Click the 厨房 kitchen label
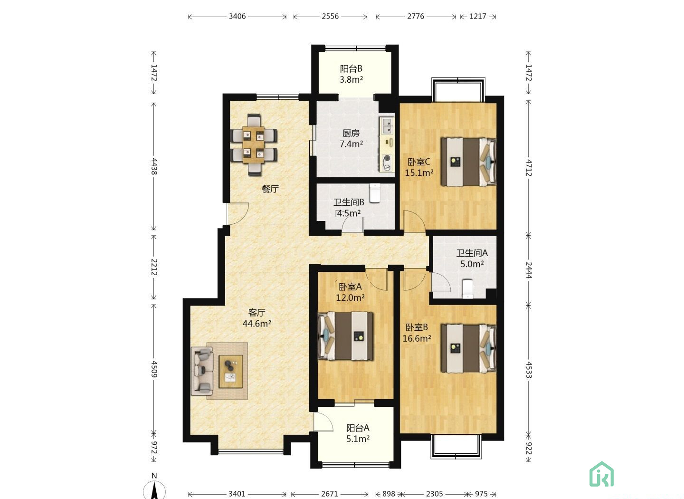[x=351, y=133]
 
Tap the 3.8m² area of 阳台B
[x=351, y=80]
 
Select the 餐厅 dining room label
[x=270, y=189]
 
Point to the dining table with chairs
[x=255, y=145]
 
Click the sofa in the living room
[x=202, y=371]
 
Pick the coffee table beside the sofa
[x=231, y=371]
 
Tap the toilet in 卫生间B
[x=375, y=193]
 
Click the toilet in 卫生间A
[x=467, y=288]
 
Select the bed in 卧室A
[x=346, y=336]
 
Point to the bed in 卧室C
[x=468, y=162]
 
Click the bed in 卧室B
[x=468, y=349]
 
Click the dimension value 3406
[x=237, y=16]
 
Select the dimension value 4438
[x=154, y=166]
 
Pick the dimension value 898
[x=389, y=494]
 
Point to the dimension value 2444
[x=529, y=270]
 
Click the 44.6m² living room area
[x=257, y=323]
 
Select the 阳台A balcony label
[x=358, y=428]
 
